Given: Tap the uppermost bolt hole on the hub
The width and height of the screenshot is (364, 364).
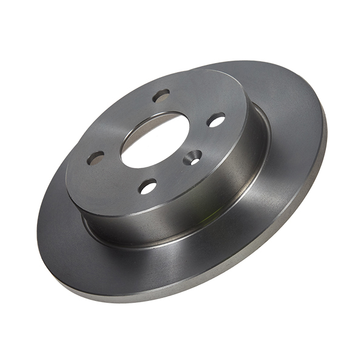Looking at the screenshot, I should tap(161, 95).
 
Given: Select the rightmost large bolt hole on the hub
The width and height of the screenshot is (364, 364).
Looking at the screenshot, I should tap(216, 120).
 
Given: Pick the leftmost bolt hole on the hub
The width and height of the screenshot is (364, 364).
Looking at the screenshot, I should tap(95, 158).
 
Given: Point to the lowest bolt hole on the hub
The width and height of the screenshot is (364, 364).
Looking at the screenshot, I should tap(148, 187).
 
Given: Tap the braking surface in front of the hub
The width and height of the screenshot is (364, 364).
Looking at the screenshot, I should tap(121, 255).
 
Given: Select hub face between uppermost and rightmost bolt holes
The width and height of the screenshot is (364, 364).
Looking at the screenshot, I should tap(194, 103).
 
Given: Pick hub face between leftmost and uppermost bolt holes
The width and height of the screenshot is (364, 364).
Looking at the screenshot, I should tap(121, 121).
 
